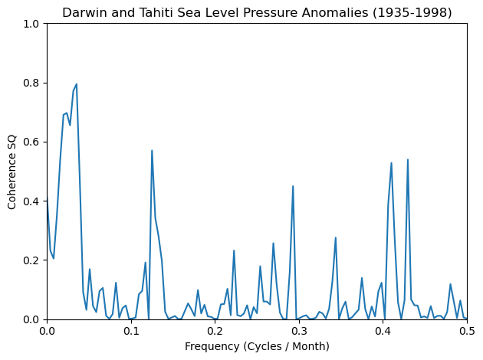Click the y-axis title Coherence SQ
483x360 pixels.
click(13, 172)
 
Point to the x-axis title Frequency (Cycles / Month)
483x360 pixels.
click(257, 347)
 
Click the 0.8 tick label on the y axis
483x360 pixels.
click(31, 83)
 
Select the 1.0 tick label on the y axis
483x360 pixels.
click(31, 25)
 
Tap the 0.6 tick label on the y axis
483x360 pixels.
click(31, 142)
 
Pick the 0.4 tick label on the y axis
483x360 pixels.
click(31, 201)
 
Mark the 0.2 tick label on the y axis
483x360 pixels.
click(31, 260)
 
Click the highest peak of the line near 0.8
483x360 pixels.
click(76, 84)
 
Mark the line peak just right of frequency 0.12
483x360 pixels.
click(152, 151)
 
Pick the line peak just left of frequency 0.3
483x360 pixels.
click(293, 186)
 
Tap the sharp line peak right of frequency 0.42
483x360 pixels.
click(408, 160)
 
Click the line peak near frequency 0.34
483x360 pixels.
click(336, 237)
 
